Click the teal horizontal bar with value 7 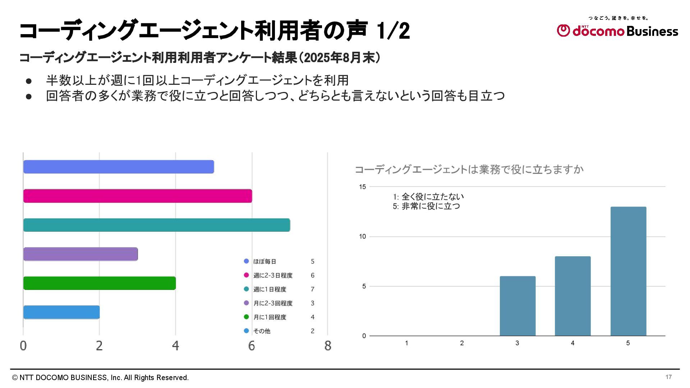coord(156,225)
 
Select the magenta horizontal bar coord(137,196)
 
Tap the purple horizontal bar coord(80,254)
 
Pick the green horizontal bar coord(100,283)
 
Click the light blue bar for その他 coord(61,312)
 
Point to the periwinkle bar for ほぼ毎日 coord(119,167)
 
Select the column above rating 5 coord(628,271)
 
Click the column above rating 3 coord(517,306)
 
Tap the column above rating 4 coord(572,296)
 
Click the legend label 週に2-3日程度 coord(273,275)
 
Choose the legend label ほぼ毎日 coord(264,262)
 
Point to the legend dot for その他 coord(246,331)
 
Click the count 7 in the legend coord(312,289)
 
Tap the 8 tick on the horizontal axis coord(327,346)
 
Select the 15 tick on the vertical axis coord(362,187)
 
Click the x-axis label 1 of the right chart coord(406,343)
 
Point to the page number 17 coord(668,377)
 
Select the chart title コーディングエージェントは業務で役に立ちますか coord(469,170)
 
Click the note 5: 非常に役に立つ coord(426,206)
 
